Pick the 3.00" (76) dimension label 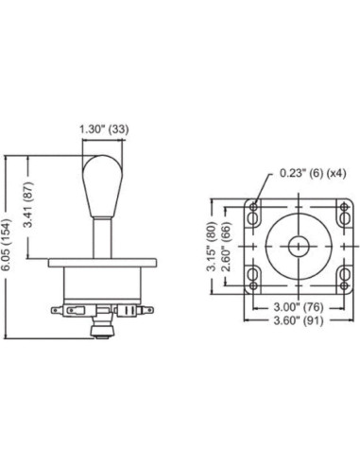298,307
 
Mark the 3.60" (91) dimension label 298,321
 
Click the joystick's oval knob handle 97,183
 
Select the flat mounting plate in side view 97,263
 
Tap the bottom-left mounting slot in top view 254,277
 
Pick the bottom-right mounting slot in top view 340,277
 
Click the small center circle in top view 298,244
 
